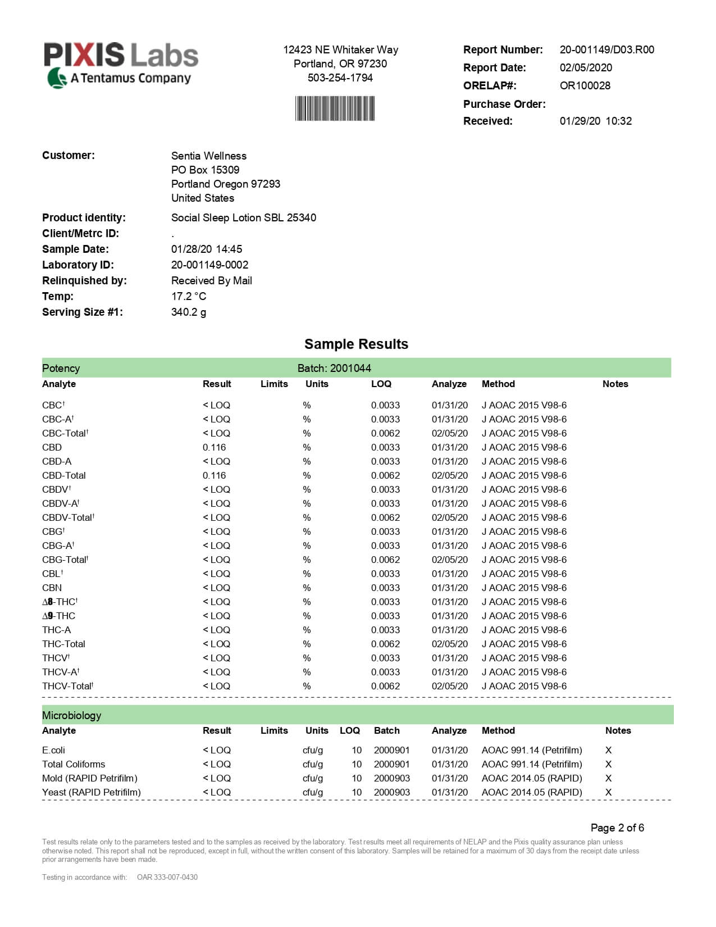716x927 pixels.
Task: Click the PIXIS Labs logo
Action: pyautogui.click(x=121, y=64)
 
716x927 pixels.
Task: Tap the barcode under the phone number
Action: pyautogui.click(x=335, y=108)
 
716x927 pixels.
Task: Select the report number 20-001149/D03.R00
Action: pyautogui.click(x=606, y=49)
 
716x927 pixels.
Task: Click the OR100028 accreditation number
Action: pyautogui.click(x=585, y=85)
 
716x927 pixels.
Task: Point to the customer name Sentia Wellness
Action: pyautogui.click(x=209, y=156)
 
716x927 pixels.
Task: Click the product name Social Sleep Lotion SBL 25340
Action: pyautogui.click(x=243, y=217)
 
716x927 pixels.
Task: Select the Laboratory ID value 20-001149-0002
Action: pyautogui.click(x=209, y=265)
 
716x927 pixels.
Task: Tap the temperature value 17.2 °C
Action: pyautogui.click(x=189, y=296)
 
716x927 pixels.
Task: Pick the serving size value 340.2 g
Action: pyautogui.click(x=189, y=312)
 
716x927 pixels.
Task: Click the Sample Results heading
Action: pyautogui.click(x=356, y=344)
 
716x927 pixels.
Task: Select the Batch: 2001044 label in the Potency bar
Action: pyautogui.click(x=334, y=368)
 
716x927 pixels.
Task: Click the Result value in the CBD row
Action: pyautogui.click(x=214, y=447)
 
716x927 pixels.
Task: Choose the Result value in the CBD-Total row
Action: pyautogui.click(x=214, y=475)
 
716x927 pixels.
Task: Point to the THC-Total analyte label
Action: pyautogui.click(x=63, y=644)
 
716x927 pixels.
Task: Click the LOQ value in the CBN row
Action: pyautogui.click(x=385, y=588)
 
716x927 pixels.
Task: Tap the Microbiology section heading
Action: pyautogui.click(x=71, y=715)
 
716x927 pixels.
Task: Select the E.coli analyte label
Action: pyautogui.click(x=53, y=750)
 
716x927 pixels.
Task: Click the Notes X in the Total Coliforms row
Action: pyautogui.click(x=608, y=764)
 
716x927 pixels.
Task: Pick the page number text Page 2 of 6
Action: pyautogui.click(x=617, y=828)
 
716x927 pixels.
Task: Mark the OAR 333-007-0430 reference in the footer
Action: pyautogui.click(x=167, y=877)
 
